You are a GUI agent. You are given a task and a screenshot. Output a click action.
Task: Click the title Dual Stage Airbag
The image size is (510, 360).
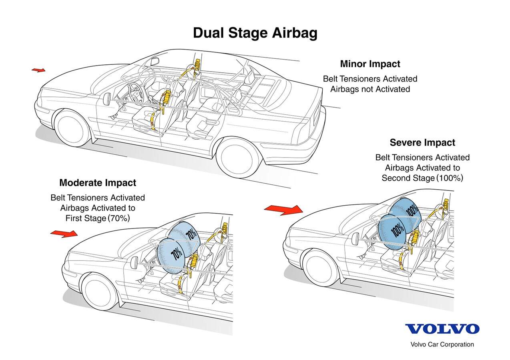tap(255, 33)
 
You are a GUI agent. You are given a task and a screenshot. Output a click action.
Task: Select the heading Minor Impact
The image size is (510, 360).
tap(370, 64)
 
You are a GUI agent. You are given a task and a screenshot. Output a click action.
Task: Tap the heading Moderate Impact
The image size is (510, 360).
tap(98, 183)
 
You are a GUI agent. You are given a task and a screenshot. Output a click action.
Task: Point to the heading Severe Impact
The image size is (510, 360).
tap(422, 143)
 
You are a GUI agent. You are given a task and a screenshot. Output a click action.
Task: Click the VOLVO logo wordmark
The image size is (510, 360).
tap(442, 329)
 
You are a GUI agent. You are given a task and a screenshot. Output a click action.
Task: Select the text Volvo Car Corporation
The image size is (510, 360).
tap(442, 344)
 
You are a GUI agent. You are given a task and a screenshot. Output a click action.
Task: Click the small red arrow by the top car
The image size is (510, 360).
tap(38, 70)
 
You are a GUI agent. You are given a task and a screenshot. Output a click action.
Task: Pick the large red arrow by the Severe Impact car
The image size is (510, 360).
tap(284, 209)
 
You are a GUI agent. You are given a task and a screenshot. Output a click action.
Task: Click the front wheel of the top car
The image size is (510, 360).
tap(72, 128)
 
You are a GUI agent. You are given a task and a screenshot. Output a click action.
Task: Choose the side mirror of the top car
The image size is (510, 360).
tap(107, 99)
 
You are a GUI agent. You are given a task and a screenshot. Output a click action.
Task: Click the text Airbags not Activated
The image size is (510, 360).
tap(370, 89)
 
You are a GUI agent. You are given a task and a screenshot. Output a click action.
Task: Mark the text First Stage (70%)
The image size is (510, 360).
tap(98, 218)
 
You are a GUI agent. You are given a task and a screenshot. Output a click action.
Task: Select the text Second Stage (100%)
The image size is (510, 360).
tap(422, 178)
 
